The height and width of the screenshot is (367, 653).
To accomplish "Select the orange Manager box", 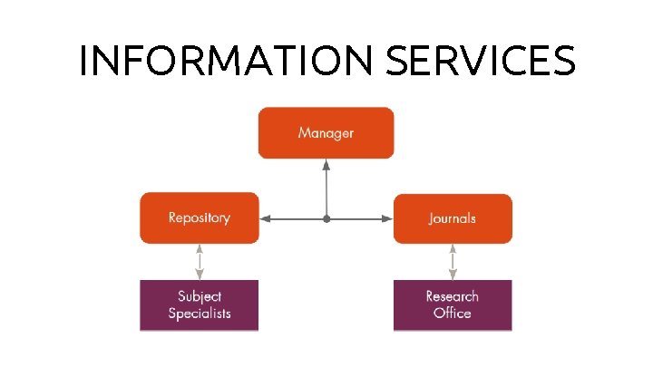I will [x=326, y=132].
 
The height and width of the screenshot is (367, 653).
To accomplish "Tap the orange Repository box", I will [x=200, y=217].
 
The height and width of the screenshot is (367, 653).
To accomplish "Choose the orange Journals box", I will [x=453, y=217].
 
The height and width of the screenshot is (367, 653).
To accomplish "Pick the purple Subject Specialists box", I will [x=200, y=304].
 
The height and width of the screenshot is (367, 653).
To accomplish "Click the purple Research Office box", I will [x=453, y=304].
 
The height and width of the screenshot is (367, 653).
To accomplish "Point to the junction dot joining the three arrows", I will [x=326, y=218].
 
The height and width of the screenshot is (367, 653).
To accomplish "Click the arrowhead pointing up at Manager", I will [x=326, y=166].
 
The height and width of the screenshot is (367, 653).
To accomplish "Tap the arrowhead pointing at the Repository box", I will [x=266, y=218].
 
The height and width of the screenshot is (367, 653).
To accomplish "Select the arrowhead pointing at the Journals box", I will [x=386, y=218].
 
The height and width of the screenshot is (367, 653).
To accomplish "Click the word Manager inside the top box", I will [x=326, y=133].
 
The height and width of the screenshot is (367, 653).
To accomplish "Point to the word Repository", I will [x=200, y=217].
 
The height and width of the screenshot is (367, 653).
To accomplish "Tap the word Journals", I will [x=453, y=218].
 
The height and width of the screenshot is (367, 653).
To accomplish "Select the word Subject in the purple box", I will [x=200, y=296].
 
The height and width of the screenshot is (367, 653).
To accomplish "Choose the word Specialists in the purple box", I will [x=200, y=314].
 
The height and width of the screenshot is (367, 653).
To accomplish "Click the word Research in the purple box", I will [x=453, y=296].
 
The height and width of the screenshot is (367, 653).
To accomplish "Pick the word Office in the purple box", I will [x=453, y=314].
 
